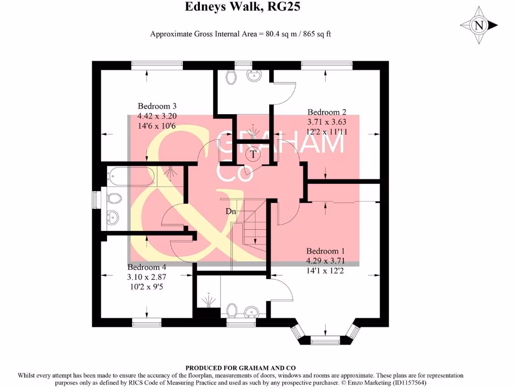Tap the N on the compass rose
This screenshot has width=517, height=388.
(479, 25)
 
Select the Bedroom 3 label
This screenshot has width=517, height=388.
(157, 106)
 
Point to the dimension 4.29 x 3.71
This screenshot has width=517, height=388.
(325, 261)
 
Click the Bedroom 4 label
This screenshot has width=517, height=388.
(146, 267)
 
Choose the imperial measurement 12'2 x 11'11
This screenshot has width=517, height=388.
(327, 131)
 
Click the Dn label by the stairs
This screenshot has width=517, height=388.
(231, 211)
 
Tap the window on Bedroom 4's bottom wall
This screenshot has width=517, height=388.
(147, 322)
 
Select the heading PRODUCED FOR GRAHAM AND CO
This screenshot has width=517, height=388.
(240, 368)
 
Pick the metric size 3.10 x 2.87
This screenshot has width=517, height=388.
(146, 276)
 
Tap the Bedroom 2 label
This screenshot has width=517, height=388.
(327, 112)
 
